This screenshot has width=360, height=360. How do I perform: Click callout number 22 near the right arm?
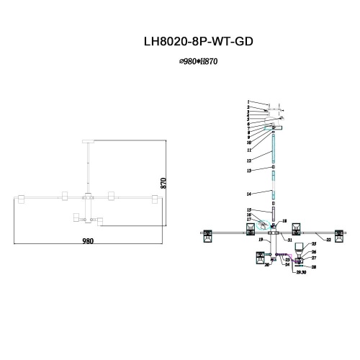click(x=328, y=239)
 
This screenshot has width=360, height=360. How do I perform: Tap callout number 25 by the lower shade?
click(x=313, y=245)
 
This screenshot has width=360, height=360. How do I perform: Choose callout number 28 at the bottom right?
click(x=313, y=266)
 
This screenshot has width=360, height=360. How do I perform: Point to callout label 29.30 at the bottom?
click(x=292, y=274)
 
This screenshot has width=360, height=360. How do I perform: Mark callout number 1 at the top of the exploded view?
click(x=248, y=102)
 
